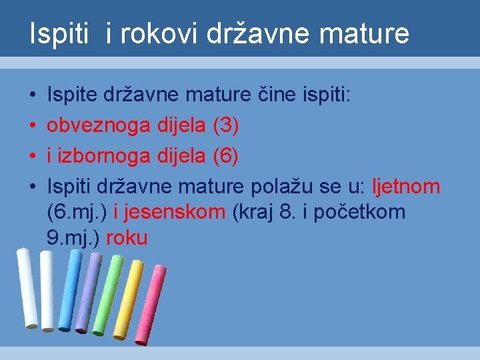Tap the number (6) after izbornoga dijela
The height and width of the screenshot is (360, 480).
(x=224, y=157)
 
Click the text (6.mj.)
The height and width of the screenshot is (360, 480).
(x=78, y=213)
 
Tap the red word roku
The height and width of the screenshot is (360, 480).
(x=127, y=238)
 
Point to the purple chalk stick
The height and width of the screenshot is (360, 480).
(x=88, y=293)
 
